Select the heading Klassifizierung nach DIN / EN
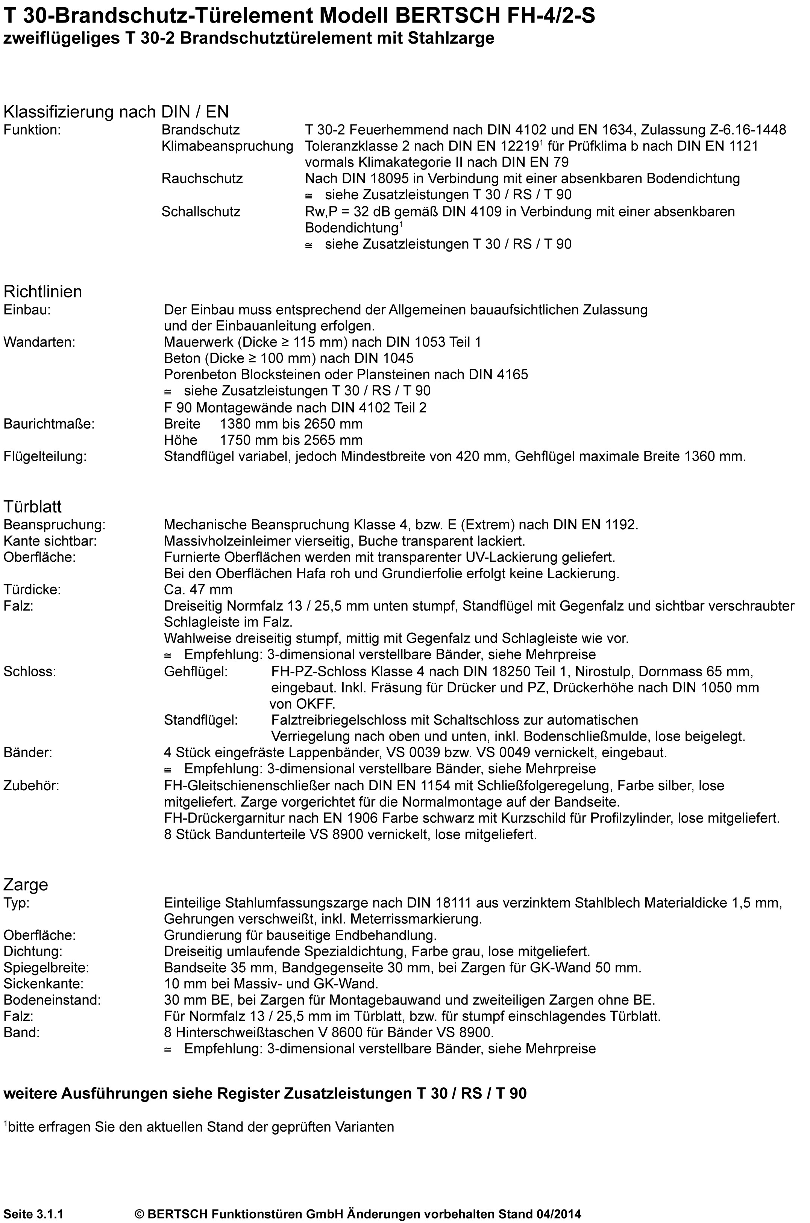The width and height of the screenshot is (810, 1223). [x=116, y=112]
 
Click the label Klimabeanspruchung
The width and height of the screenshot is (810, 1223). [x=227, y=146]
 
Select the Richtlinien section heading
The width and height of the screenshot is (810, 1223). [x=43, y=291]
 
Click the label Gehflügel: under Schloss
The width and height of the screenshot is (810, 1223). [x=195, y=671]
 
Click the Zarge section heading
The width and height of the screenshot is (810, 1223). [x=26, y=884]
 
